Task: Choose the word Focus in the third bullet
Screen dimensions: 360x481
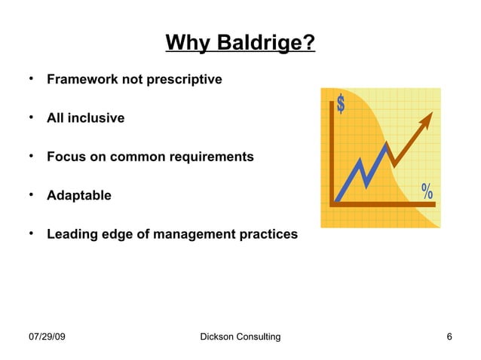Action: [66, 157]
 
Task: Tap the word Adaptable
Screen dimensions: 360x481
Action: [79, 196]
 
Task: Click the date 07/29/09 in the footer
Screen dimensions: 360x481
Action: [46, 337]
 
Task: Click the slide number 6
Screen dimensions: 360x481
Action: [449, 337]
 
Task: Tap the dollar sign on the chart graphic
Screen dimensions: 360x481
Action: [341, 105]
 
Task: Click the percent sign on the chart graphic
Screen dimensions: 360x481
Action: [427, 191]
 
